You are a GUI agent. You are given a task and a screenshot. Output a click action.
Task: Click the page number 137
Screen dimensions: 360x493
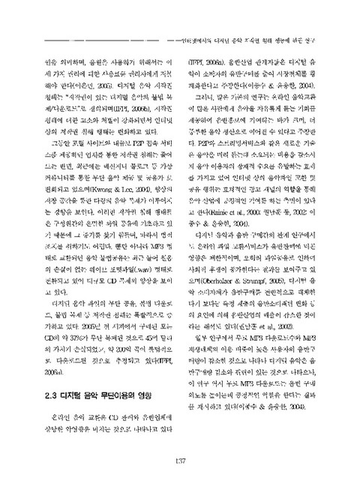point(180,461)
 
